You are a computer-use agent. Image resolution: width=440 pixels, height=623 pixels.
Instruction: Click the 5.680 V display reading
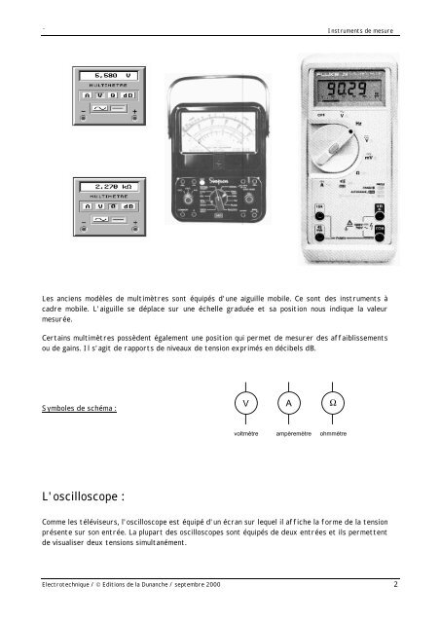(101, 75)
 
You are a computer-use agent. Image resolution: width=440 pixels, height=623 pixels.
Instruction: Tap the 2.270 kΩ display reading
(101, 186)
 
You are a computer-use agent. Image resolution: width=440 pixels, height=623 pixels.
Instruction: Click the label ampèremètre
(293, 433)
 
